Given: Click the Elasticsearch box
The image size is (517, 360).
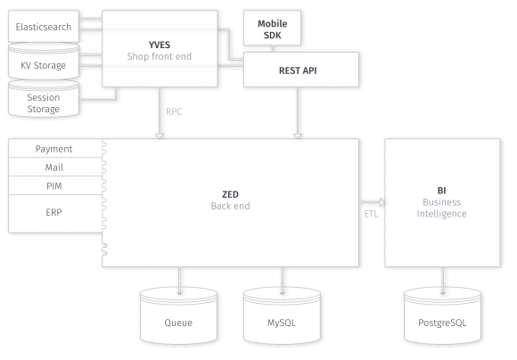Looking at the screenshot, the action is pos(44,26).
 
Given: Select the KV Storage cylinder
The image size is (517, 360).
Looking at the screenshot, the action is pos(44,61).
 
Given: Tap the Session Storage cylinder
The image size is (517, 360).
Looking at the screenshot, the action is pos(44,99).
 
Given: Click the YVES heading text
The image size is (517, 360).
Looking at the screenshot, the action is pos(160,45).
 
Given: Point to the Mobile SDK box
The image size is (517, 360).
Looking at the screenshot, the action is pos(272,28).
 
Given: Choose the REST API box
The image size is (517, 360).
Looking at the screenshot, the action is pos(301,70).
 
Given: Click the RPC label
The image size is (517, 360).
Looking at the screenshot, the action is pos(174,111).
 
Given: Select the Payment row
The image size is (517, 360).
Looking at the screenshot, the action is pos(55,148).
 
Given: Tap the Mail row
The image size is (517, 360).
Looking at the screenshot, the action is pos(55,167).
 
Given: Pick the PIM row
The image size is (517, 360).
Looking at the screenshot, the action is pos(55,185).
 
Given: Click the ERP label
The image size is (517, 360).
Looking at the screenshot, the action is pos(53,212).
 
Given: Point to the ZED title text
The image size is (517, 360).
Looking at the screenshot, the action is pos(230,194).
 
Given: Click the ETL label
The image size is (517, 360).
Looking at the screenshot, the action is pos(371,214).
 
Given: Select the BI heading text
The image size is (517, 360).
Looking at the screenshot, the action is pos(441,191).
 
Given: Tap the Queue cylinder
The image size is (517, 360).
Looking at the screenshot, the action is pos(178,315).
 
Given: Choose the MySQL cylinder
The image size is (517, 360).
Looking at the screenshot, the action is pos(282,315).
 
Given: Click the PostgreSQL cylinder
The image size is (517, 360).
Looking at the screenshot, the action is pos(442,315).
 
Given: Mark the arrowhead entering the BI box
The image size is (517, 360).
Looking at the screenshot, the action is pos(382,202).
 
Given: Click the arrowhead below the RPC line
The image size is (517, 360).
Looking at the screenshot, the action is pos(160,136).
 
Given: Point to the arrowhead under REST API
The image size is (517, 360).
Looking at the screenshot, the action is pos(298,136).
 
